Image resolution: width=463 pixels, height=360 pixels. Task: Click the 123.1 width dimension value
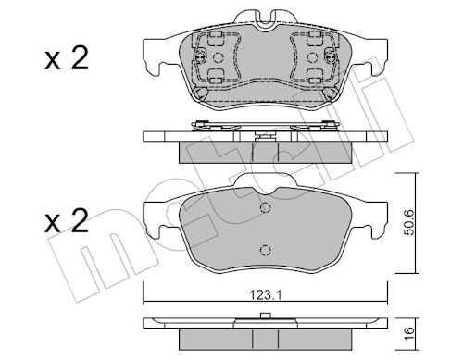[x=265, y=295]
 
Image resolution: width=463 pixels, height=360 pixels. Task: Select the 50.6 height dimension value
[x=409, y=223]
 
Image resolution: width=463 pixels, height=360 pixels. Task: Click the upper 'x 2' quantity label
[x=67, y=58]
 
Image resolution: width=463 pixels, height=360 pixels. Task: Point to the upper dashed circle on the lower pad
[x=266, y=208]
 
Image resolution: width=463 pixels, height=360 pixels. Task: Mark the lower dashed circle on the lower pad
[x=266, y=250]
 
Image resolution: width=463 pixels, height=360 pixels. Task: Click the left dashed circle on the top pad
[x=219, y=57]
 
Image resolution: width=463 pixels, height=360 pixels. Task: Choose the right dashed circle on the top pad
[x=313, y=57]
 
